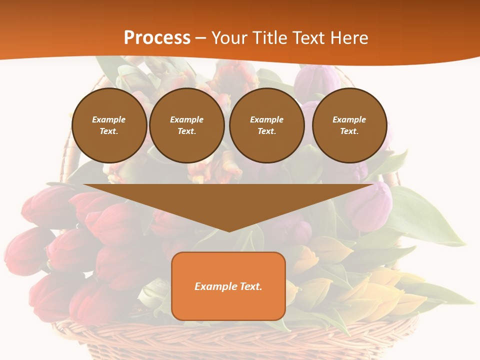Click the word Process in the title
click(x=157, y=38)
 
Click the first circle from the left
click(x=109, y=125)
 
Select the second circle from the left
click(x=187, y=125)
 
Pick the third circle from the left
click(x=267, y=125)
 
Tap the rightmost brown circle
click(x=349, y=125)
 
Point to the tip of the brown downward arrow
click(x=229, y=231)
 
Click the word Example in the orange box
click(x=215, y=286)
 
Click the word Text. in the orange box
click(x=250, y=286)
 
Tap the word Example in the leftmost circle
click(x=109, y=119)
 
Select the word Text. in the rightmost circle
click(x=349, y=131)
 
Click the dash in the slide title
click(x=201, y=38)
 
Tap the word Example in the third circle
click(x=267, y=119)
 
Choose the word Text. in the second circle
click(x=187, y=131)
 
